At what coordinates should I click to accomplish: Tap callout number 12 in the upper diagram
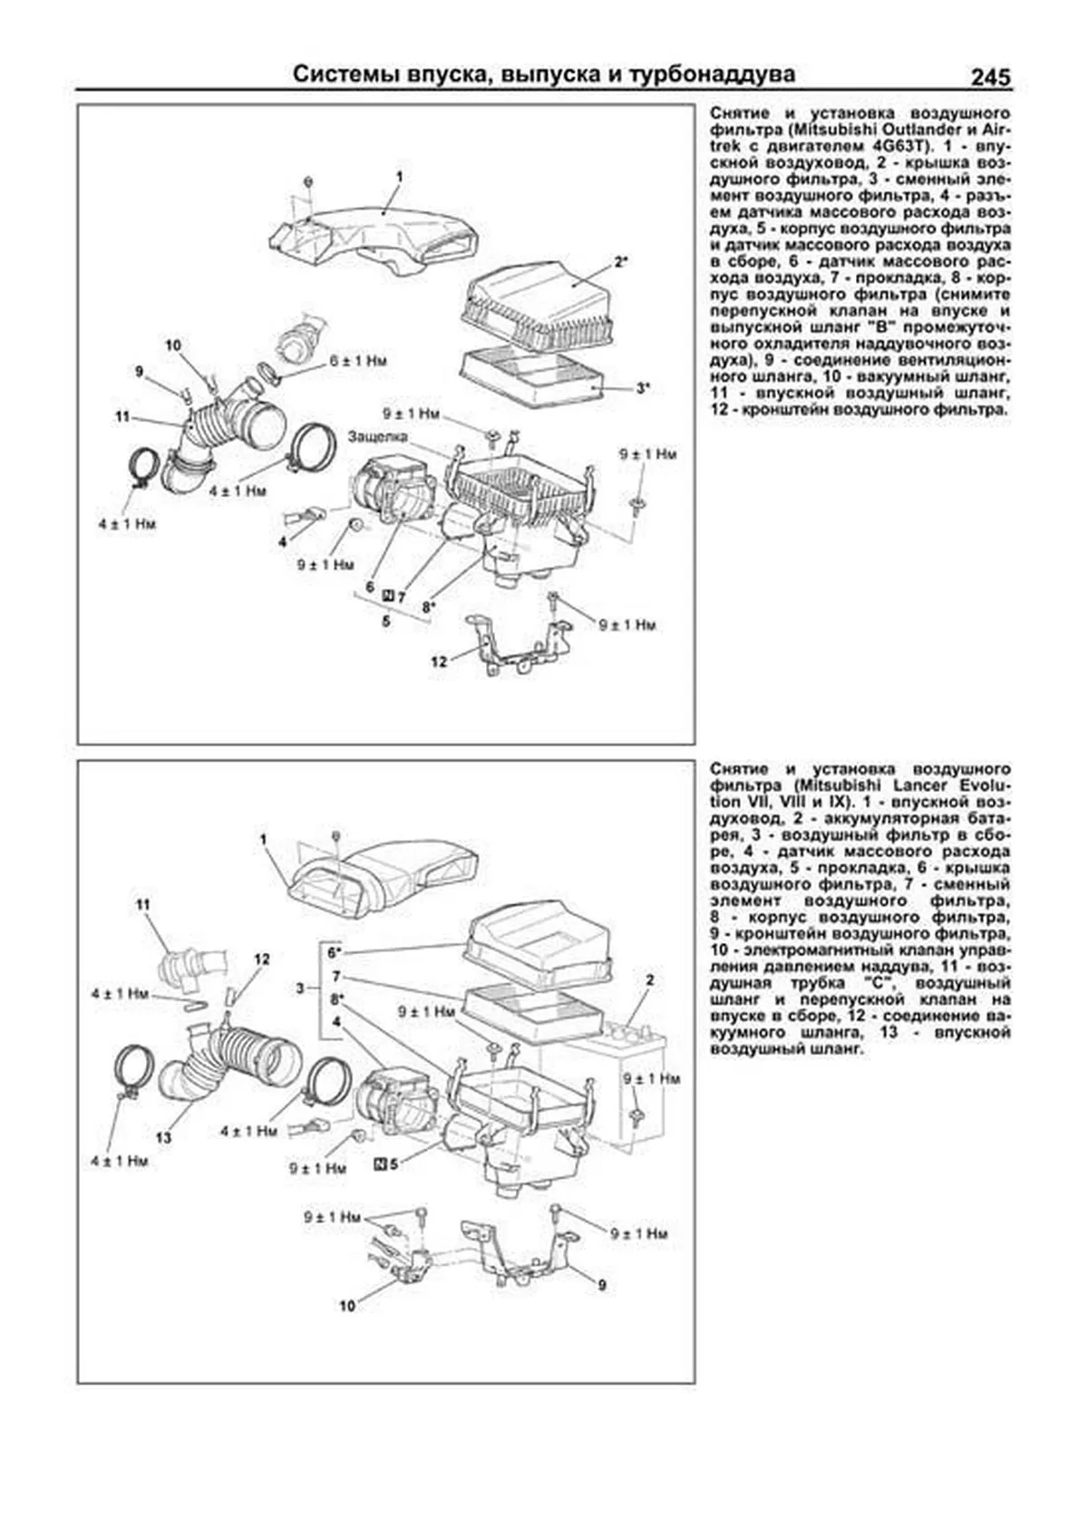[x=438, y=662]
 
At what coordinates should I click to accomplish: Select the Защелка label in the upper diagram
[x=377, y=436]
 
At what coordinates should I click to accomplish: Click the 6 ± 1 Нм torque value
[x=358, y=361]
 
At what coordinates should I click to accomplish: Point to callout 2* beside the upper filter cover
[x=621, y=263]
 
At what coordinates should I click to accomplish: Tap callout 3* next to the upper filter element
[x=642, y=388]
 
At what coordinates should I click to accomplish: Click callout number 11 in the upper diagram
[x=123, y=416]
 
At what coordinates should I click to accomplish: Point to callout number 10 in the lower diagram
[x=347, y=1306]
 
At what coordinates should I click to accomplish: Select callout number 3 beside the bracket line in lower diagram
[x=300, y=988]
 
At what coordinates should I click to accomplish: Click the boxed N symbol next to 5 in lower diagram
[x=380, y=1163]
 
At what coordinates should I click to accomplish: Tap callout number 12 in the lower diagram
[x=262, y=959]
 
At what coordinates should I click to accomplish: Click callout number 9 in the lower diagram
[x=601, y=1285]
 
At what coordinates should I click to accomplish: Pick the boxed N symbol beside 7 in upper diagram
[x=388, y=596]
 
